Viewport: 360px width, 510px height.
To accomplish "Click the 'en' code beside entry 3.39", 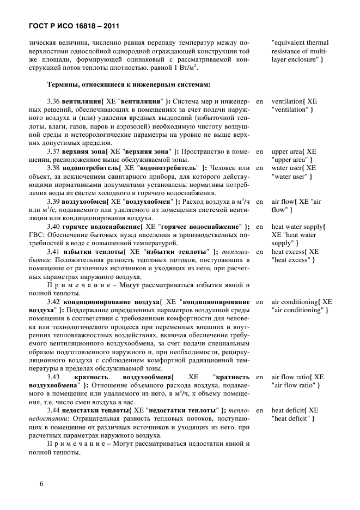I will [x=259, y=202].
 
